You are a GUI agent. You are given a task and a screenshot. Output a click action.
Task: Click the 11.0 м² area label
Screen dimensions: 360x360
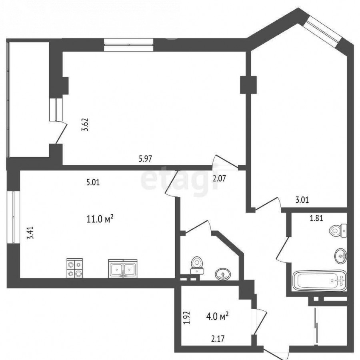[100, 219]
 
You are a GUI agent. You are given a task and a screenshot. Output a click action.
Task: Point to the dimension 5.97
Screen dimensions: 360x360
[145, 158]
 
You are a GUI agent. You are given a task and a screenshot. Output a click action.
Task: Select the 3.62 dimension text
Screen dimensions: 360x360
[85, 124]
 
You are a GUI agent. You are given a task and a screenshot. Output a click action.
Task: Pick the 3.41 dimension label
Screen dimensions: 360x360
[30, 233]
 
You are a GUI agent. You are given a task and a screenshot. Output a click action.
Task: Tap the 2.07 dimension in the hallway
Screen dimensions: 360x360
[219, 178]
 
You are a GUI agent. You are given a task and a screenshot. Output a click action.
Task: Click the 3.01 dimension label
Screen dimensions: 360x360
[302, 200]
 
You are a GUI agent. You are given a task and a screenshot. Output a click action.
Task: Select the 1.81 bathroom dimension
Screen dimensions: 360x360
[316, 218]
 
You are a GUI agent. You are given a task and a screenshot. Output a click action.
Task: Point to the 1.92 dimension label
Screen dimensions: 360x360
[187, 318]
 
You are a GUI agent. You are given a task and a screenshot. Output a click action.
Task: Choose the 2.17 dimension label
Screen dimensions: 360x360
[218, 339]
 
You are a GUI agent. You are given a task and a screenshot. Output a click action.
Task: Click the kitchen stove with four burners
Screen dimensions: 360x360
[75, 268]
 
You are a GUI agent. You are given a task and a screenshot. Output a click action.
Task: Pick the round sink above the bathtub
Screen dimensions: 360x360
[341, 255]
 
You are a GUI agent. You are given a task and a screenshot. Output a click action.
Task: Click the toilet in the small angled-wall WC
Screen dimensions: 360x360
[197, 265]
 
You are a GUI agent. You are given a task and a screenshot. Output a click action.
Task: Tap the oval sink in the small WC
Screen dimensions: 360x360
[223, 274]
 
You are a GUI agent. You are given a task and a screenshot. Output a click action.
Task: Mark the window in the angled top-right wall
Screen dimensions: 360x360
[322, 32]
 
